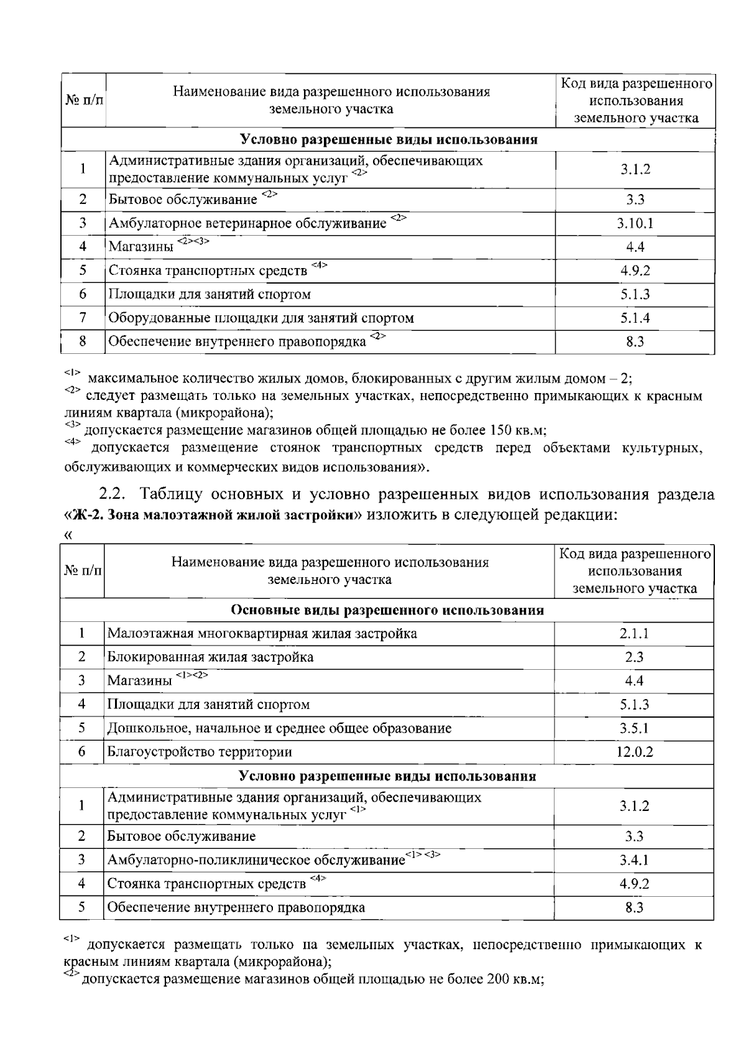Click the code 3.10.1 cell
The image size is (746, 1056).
(x=635, y=223)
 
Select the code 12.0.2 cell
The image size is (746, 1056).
(x=635, y=752)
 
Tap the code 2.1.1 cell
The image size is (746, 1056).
(x=634, y=634)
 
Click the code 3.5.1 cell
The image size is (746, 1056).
(x=634, y=728)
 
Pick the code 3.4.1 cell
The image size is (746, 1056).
(x=634, y=861)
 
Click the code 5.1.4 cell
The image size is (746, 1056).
(x=635, y=318)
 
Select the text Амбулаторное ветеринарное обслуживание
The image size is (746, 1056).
(x=247, y=223)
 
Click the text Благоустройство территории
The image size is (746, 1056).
(x=200, y=752)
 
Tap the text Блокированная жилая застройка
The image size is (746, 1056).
(x=210, y=657)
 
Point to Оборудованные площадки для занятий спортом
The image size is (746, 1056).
(x=261, y=318)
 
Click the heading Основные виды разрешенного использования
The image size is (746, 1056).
(x=387, y=610)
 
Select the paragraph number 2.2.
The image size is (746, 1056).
(x=113, y=495)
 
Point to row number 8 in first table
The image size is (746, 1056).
(x=83, y=341)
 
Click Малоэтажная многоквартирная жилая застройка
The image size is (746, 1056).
(x=262, y=634)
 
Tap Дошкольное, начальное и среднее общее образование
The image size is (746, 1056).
(x=279, y=728)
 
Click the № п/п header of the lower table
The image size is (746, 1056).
(x=82, y=571)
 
